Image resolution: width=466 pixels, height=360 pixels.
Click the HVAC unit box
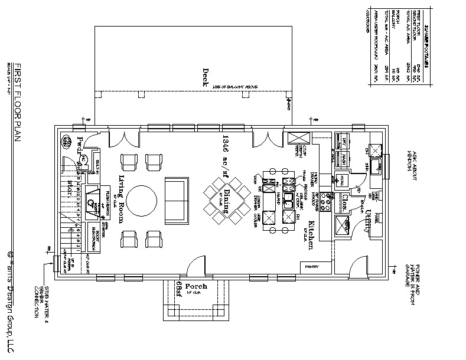[343, 179]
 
